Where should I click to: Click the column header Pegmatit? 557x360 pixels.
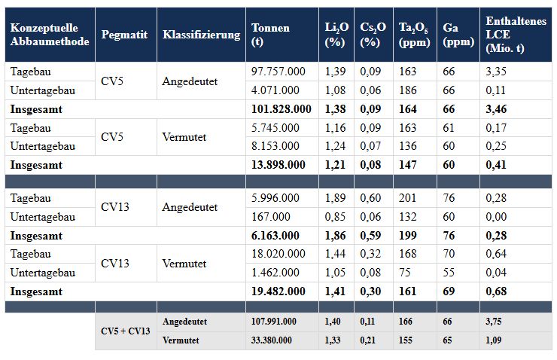tap(124, 35)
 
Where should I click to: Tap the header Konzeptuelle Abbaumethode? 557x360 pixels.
tap(50, 35)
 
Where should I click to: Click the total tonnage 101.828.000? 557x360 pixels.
tap(281, 109)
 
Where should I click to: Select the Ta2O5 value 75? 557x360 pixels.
tap(404, 273)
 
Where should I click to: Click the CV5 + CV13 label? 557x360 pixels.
tap(126, 331)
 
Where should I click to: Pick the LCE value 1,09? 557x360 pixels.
tap(495, 340)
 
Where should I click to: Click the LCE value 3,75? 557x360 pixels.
tap(495, 322)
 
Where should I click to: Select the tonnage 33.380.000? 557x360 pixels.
tap(272, 340)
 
